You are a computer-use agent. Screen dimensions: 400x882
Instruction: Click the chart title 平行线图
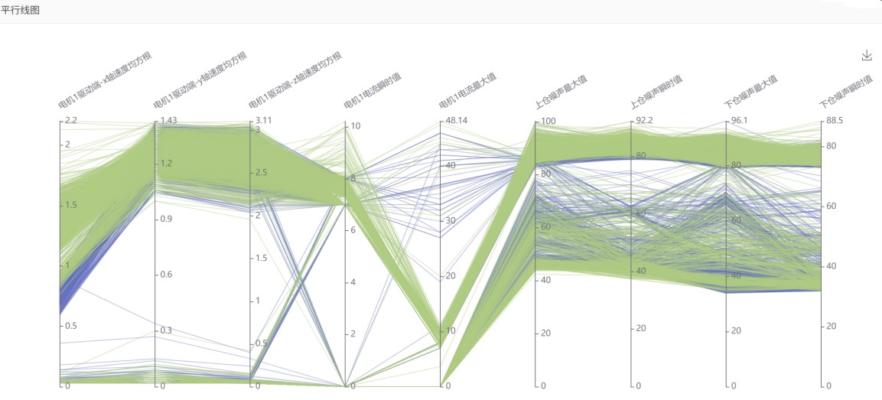point(20,10)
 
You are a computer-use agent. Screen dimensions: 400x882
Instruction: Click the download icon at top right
point(867,55)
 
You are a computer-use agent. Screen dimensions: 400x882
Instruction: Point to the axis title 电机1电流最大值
point(467,90)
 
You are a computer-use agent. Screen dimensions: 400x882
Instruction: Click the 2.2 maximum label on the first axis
point(71,121)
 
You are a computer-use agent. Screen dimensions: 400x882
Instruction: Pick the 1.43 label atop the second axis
point(169,121)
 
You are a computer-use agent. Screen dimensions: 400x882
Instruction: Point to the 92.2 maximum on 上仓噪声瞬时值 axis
point(644,121)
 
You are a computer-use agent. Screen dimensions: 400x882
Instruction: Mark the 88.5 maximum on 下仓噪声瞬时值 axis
point(834,121)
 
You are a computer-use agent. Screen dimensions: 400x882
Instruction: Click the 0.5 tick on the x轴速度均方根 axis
point(71,326)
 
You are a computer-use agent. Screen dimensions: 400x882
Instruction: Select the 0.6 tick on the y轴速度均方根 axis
point(166,275)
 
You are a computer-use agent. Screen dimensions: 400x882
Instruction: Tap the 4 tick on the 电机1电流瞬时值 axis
point(353,282)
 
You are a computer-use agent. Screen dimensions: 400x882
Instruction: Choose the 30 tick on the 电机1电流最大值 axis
point(451,220)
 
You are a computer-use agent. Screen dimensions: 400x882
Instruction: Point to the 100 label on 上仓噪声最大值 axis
point(548,122)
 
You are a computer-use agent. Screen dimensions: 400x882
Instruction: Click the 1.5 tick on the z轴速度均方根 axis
point(261,258)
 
